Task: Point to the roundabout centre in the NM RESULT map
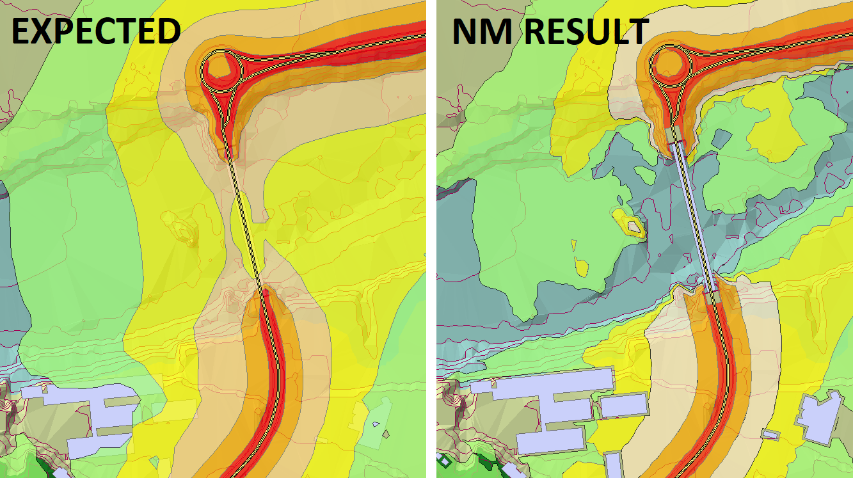pos(670,65)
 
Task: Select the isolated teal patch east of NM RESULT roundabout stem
pos(721,137)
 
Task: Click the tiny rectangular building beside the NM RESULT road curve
pos(770,434)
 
